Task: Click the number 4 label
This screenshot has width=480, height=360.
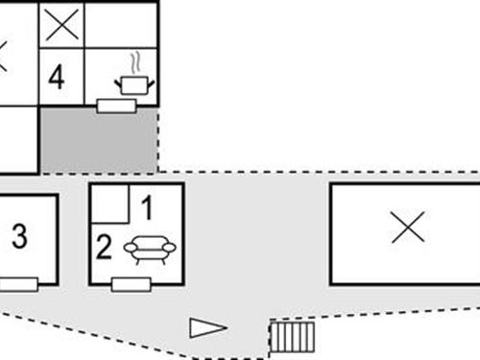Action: [x=57, y=77]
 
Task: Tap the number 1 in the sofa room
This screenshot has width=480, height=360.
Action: [x=147, y=205]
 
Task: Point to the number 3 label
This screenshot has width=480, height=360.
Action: [x=19, y=237]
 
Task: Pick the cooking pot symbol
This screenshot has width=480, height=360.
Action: [x=134, y=85]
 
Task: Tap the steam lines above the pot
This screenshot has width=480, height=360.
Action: [x=136, y=61]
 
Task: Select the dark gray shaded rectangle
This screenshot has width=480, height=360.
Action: [x=98, y=139]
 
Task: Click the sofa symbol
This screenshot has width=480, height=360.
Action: [x=150, y=250]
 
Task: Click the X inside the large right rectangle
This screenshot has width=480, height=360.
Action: [x=408, y=228]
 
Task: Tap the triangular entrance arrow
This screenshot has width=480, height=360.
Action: [x=206, y=328]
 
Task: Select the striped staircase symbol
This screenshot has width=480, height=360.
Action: [x=293, y=337]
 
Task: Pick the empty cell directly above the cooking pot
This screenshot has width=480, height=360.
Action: [x=121, y=24]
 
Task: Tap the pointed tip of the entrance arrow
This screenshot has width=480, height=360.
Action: [x=227, y=328]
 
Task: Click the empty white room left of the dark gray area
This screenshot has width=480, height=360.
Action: [x=18, y=139]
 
